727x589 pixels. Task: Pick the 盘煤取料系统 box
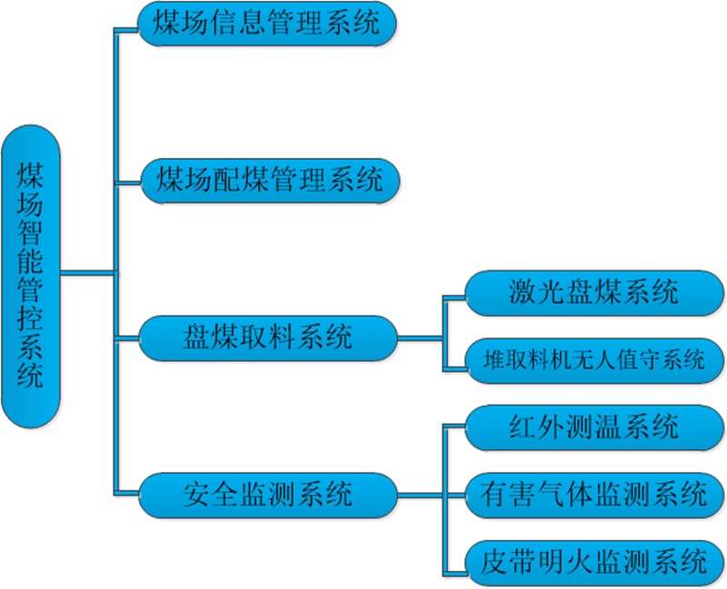click(x=268, y=339)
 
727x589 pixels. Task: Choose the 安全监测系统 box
click(x=268, y=495)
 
